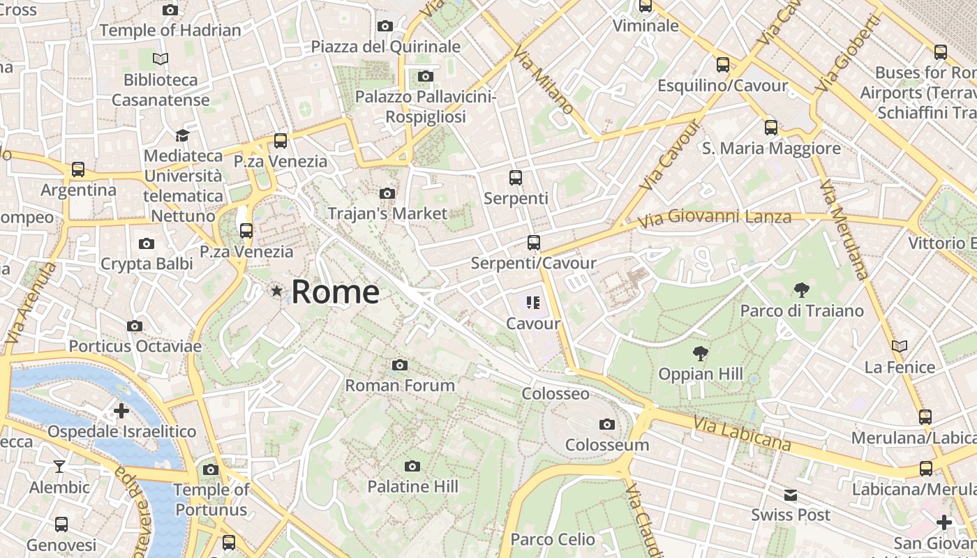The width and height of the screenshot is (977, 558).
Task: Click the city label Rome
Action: pos(335,292)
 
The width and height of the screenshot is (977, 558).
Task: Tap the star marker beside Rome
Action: pos(277,291)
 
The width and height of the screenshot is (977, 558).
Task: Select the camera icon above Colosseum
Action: pos(607,424)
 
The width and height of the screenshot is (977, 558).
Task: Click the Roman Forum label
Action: pos(400,385)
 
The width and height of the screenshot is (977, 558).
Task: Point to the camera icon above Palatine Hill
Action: pos(412,466)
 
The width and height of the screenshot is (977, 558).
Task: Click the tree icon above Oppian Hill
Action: pos(700,354)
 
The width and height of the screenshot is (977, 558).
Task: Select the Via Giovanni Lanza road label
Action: pos(715,218)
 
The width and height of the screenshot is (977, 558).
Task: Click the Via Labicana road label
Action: pos(743,432)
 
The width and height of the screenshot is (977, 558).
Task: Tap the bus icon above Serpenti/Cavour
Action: pos(534,243)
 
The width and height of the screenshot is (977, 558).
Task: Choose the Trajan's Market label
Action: pos(387,213)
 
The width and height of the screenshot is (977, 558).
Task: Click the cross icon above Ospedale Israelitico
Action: pos(121,411)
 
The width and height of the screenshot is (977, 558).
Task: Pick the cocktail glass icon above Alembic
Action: pos(59,466)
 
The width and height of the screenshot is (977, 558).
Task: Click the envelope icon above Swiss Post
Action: pos(790,495)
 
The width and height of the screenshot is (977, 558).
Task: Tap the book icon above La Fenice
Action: pos(900,346)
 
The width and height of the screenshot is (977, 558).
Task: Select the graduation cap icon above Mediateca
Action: pos(183,135)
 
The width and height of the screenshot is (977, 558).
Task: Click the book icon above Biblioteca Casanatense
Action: pos(161,59)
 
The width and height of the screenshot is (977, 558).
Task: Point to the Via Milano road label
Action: pos(543,80)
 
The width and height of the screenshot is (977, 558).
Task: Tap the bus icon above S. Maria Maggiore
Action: pos(771,128)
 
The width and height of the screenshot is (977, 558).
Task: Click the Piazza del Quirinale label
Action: pos(386,47)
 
